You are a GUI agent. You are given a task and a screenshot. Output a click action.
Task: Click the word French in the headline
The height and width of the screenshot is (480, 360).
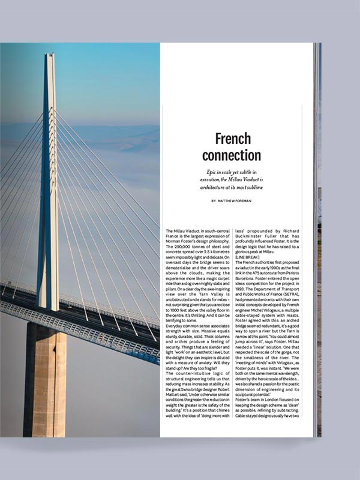click(233, 139)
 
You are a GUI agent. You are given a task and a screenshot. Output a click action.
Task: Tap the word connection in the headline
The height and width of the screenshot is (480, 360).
click(232, 155)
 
